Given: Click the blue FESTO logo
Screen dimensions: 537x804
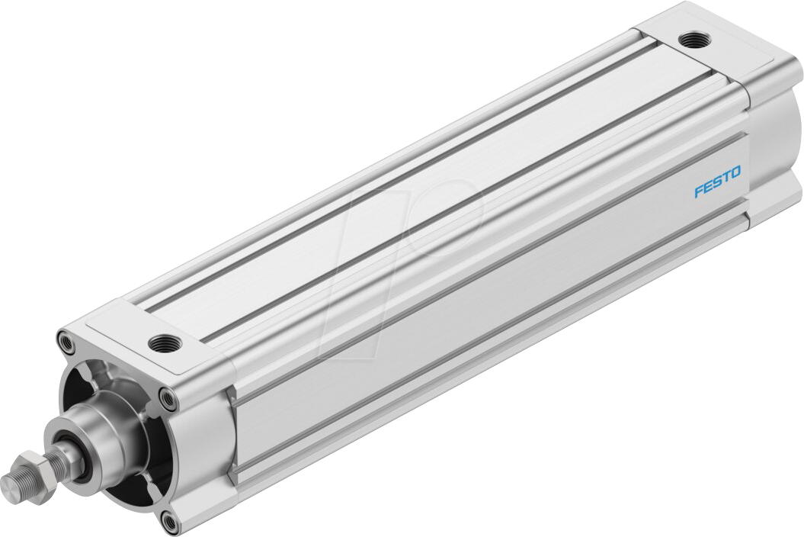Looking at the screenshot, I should [x=717, y=184].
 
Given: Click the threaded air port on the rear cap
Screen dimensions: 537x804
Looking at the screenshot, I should [x=693, y=37].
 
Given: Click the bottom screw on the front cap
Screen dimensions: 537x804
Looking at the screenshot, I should [x=168, y=521].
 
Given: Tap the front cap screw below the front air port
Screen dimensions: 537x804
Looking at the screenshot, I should [x=167, y=396].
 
